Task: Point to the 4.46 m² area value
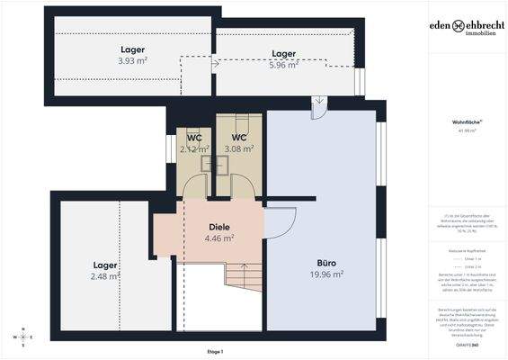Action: click(220, 239)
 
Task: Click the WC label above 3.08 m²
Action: click(239, 138)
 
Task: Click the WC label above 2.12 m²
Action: click(194, 138)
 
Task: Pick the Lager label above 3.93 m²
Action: click(133, 49)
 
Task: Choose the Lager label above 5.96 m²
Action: click(284, 53)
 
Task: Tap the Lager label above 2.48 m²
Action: click(105, 265)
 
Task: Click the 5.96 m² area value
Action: click(284, 65)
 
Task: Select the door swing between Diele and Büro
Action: click(281, 222)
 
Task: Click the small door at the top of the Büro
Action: click(318, 109)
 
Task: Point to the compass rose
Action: click(22, 337)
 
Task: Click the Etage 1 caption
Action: click(214, 350)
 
